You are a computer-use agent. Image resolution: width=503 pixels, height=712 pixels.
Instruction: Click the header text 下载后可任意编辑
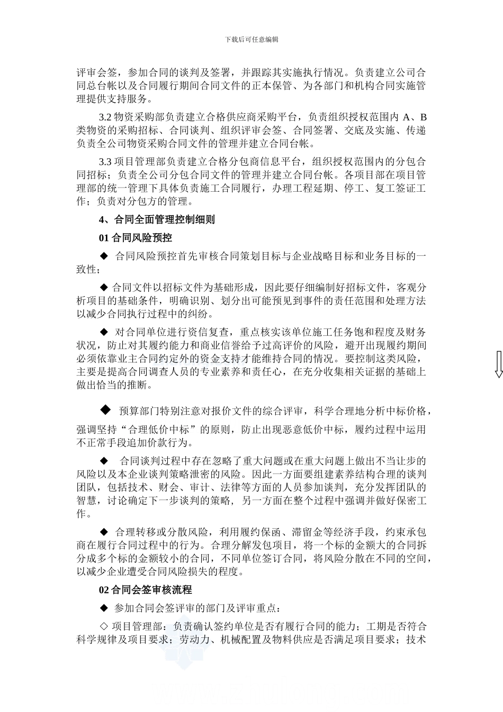[251, 40]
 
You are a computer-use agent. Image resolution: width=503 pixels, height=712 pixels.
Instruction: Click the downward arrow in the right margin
[498, 365]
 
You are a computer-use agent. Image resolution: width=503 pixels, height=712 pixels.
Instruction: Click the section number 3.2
[105, 117]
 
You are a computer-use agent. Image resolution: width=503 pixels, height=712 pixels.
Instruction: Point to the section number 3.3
[105, 162]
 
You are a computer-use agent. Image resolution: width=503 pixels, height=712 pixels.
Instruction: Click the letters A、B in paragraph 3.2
[415, 117]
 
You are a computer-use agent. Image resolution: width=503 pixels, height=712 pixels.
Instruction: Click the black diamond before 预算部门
[105, 410]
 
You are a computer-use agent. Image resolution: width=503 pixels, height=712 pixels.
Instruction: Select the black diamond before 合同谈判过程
[104, 461]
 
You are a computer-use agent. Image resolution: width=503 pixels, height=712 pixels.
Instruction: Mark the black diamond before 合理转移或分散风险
[104, 532]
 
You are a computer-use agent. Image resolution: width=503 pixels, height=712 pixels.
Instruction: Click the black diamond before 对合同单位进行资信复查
[104, 332]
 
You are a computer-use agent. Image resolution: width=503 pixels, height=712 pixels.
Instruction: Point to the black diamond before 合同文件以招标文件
[104, 288]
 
